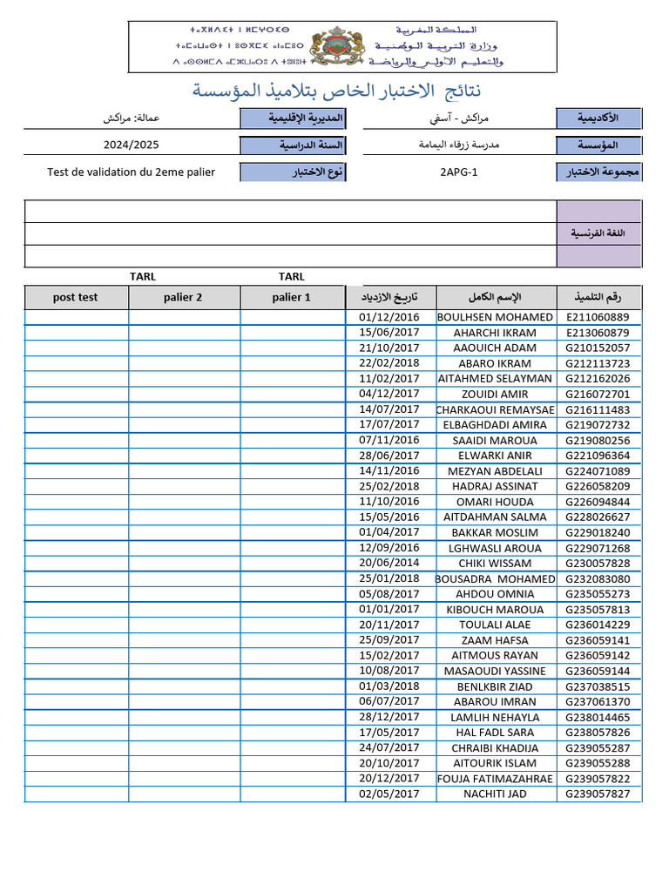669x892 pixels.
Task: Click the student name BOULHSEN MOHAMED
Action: pos(495,317)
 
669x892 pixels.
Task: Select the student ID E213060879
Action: pos(598,333)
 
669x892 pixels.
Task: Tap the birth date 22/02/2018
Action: pos(389,363)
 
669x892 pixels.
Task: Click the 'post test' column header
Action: pos(76,297)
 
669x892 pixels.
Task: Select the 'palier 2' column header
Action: pos(183,297)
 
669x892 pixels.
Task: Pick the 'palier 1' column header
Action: pos(291,297)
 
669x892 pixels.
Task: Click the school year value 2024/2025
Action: pos(131,145)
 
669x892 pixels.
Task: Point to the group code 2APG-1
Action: pos(459,172)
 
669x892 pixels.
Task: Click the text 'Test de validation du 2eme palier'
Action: pos(131,172)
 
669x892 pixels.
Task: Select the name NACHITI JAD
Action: pos(495,794)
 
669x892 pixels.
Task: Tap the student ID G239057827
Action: pos(598,794)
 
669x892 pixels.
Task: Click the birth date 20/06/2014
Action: pos(389,563)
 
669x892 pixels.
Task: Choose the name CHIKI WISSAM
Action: pos(495,564)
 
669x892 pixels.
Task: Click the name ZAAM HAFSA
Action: pos(495,640)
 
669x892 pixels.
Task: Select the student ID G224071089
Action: pos(598,471)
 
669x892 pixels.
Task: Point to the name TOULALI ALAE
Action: pos(495,625)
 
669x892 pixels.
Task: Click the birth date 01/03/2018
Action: pos(389,686)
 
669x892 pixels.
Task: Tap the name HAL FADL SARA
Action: pos(495,733)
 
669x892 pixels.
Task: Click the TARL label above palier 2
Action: pos(143,277)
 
